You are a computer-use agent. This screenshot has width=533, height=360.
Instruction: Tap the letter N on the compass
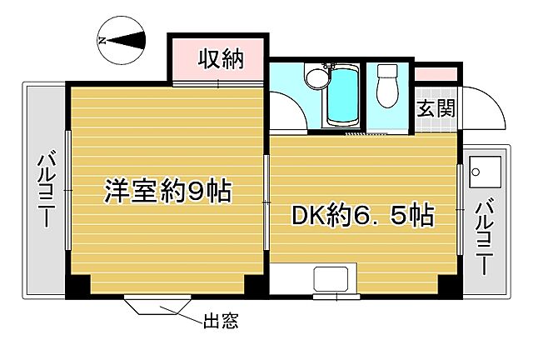pos(102,38)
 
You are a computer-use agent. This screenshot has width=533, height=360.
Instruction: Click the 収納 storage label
pos(220,59)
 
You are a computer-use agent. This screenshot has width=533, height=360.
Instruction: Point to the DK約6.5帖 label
pos(361,217)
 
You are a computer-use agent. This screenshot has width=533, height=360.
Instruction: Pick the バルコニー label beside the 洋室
pos(45,191)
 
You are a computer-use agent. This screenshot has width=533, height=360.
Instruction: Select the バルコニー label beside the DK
pos(484,237)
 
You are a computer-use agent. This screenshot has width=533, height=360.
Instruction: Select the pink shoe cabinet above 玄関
pos(436,74)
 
